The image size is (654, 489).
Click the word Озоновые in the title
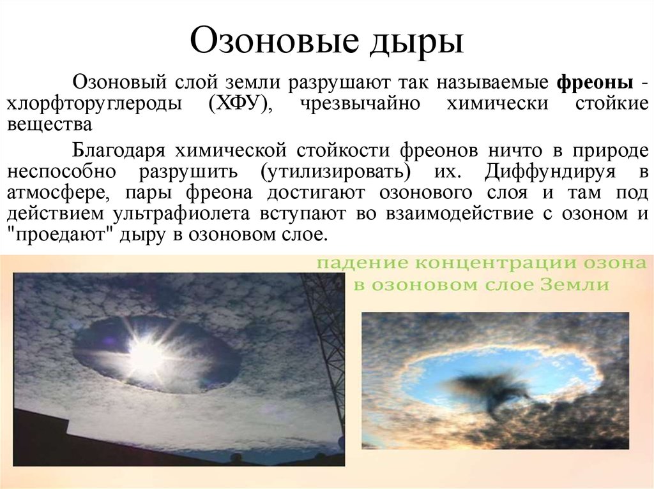[x=274, y=40]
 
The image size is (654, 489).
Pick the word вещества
[x=49, y=124]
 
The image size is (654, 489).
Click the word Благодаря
[x=119, y=150]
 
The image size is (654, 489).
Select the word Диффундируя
[x=550, y=172]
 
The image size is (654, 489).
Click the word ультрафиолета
[x=181, y=214]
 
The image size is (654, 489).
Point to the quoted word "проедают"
[x=59, y=235]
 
